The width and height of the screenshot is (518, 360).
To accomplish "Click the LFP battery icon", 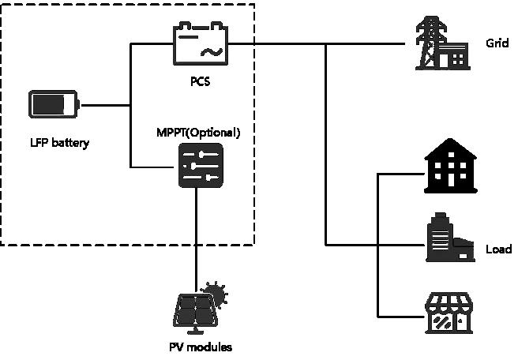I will coord(53,105).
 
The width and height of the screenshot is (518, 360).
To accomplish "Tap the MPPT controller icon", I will coord(200,164).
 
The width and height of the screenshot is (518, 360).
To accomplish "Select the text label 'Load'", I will coord(498,250).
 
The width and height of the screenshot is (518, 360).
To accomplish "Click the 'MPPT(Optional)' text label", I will coord(198,130).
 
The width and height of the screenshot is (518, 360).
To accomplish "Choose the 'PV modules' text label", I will coord(201,347).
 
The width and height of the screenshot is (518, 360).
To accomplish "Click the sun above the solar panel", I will coord(214,296).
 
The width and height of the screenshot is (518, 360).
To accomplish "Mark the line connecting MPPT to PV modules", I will coord(197,237).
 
